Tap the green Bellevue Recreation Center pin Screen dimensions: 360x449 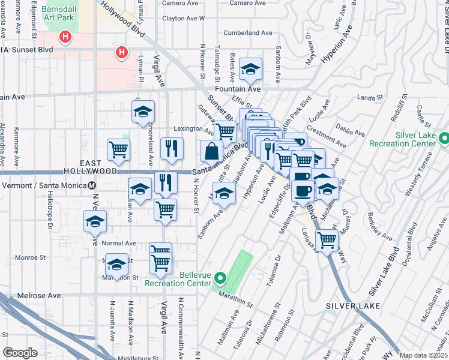pos(220,279)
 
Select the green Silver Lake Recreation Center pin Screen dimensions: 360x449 pos(444,139)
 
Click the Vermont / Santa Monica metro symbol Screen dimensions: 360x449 pos(93,184)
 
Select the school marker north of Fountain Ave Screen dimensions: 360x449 pos(250,70)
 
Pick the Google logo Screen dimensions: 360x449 pos(20,353)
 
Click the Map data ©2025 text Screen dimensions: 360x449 pos(423,355)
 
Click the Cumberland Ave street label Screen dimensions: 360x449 pos(247,33)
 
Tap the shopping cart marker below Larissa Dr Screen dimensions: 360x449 pos(327,240)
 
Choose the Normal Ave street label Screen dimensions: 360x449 pos(119,244)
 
